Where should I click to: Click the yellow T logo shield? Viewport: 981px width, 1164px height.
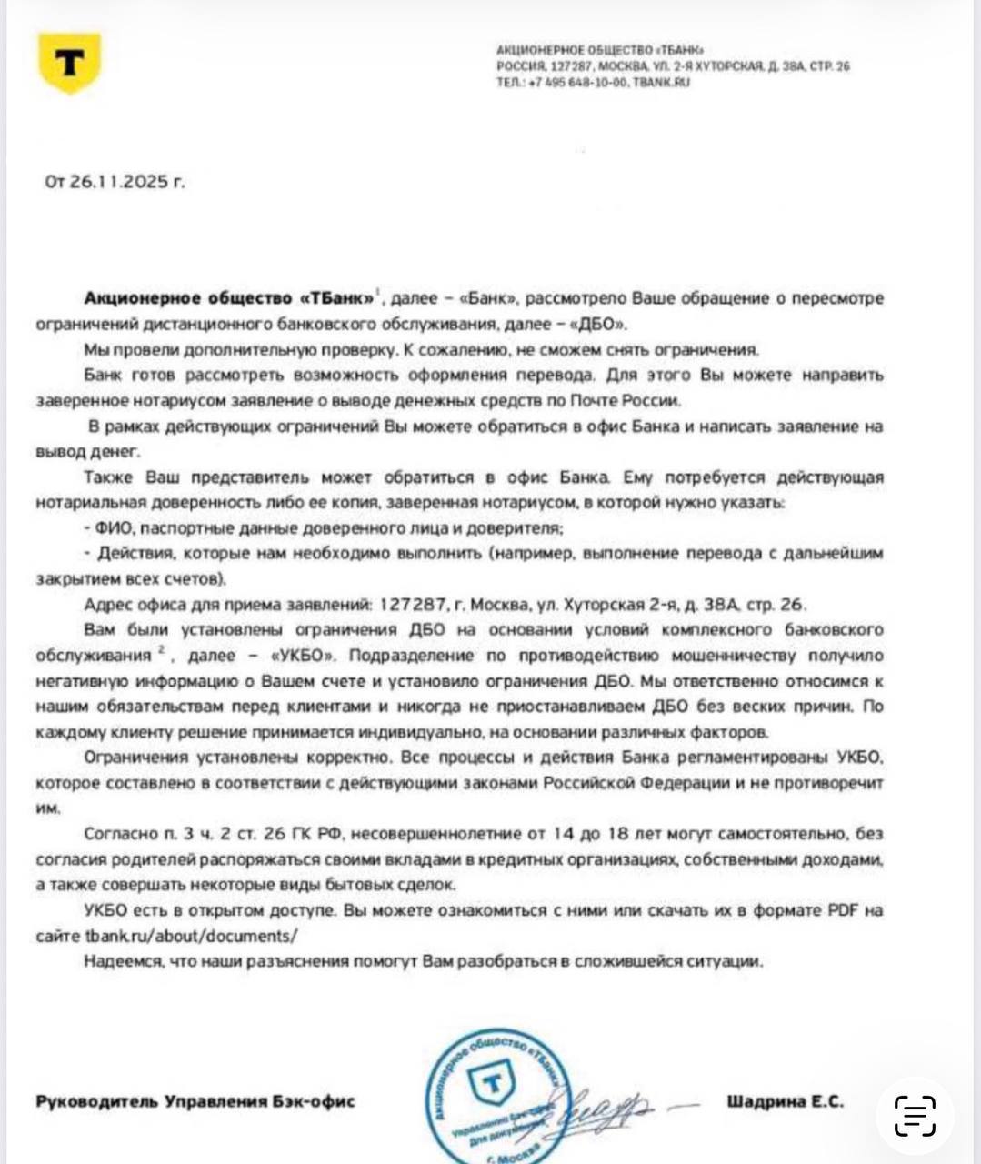click(69, 63)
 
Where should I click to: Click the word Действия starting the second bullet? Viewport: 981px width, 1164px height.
click(133, 553)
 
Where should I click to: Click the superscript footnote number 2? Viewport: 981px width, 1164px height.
click(159, 649)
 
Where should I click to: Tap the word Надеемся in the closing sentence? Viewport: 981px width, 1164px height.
click(117, 961)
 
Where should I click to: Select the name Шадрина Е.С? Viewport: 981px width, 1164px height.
click(785, 1101)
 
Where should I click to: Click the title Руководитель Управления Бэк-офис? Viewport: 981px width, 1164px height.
click(195, 1101)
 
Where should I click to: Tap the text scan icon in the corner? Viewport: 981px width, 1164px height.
click(915, 1115)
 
